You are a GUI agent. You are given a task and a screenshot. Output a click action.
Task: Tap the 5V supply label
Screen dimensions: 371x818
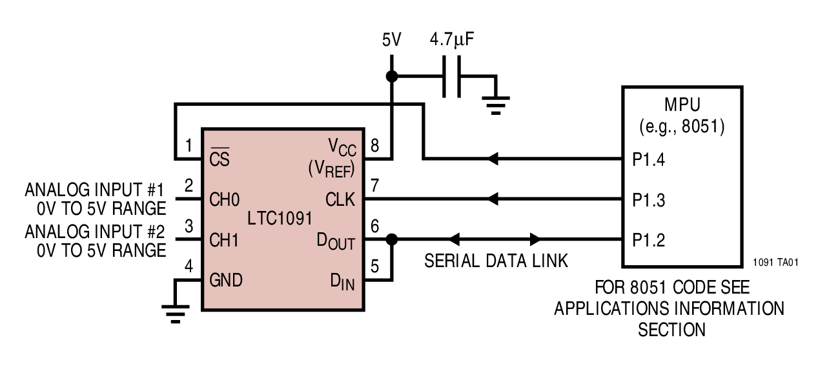click(x=391, y=41)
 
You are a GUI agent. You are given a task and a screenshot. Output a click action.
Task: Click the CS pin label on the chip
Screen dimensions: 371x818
click(x=220, y=159)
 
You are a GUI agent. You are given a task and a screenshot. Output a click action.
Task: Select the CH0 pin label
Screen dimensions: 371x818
click(x=223, y=199)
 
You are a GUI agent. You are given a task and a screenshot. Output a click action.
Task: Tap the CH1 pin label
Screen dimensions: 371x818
click(x=223, y=240)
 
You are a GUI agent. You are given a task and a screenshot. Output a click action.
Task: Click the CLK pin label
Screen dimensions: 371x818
click(x=341, y=199)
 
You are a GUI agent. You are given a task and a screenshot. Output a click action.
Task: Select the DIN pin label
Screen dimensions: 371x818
click(x=343, y=281)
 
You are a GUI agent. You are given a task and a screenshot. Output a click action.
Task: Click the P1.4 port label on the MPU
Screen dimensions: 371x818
click(x=648, y=159)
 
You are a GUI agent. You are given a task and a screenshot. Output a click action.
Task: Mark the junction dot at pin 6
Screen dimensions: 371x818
click(x=391, y=240)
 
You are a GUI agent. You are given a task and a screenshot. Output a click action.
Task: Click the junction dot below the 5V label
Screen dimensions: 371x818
click(x=391, y=77)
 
